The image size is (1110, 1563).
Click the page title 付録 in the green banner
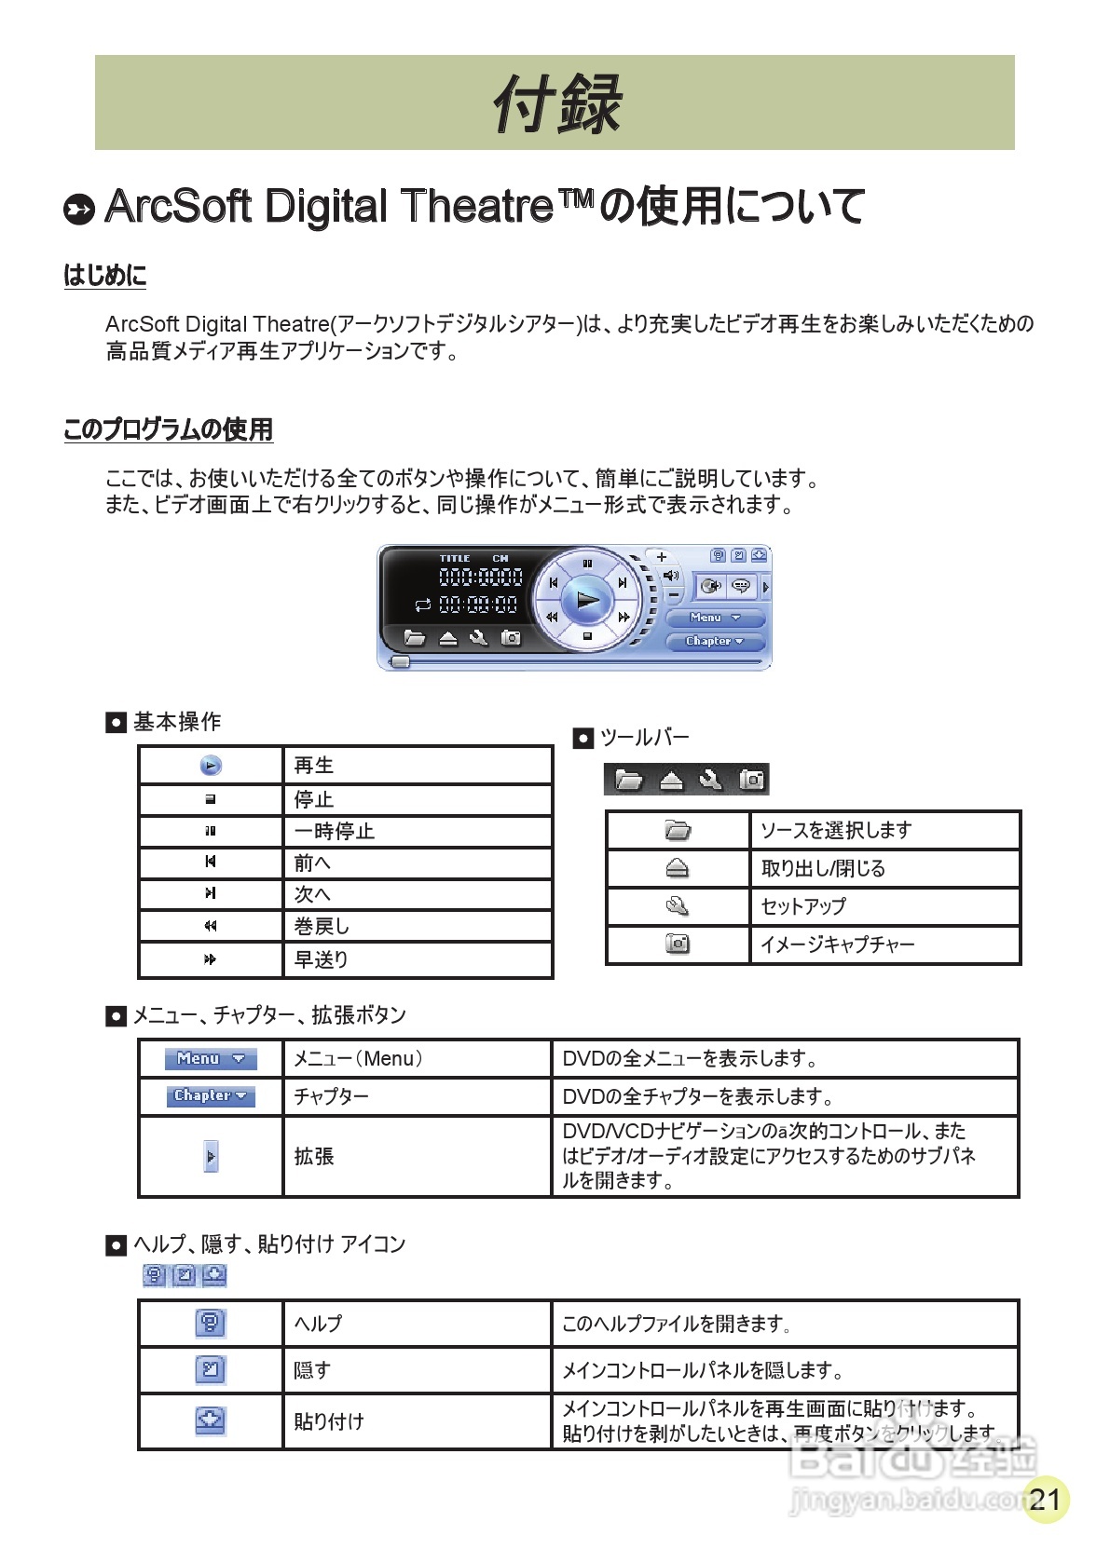click(556, 103)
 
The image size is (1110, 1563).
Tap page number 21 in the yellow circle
click(1045, 1499)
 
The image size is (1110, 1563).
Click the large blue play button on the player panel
click(587, 599)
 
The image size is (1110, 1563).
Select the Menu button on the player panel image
click(715, 618)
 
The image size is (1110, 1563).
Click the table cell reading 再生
click(314, 766)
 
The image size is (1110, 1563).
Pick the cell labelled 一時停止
click(334, 832)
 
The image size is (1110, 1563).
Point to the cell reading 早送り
click(321, 959)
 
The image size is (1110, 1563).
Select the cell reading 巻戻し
click(322, 927)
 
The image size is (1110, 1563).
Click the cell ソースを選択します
click(836, 830)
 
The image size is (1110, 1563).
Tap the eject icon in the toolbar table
click(678, 869)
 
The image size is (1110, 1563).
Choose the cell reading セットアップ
click(803, 906)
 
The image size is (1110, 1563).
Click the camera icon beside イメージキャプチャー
click(678, 945)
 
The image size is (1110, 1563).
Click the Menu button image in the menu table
click(211, 1059)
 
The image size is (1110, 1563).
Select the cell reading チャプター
click(331, 1096)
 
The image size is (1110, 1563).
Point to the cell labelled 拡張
click(314, 1157)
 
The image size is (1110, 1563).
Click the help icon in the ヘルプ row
click(211, 1323)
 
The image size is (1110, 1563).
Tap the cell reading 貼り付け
click(328, 1421)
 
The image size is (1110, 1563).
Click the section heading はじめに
click(104, 276)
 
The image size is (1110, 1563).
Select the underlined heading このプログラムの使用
click(168, 429)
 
